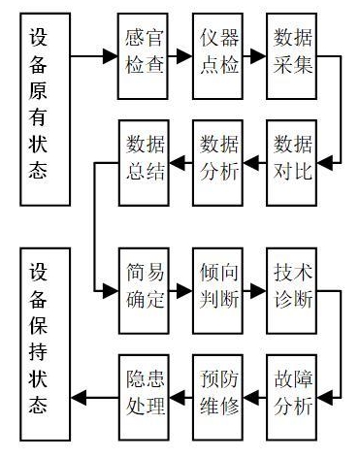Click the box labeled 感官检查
coord(143,56)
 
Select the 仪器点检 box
coord(217,56)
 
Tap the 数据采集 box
coord(292,56)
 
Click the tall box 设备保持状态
coord(45,344)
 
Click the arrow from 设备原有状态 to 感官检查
coord(95,56)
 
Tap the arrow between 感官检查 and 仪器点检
coord(180,56)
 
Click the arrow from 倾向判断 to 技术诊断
coord(255,288)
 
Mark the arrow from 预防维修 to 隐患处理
coord(180,397)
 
